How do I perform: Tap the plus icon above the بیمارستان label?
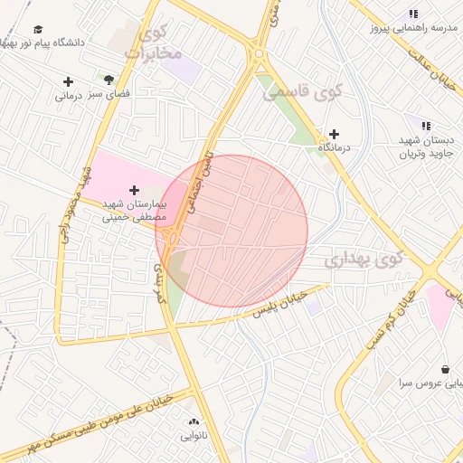pyautogui.click(x=135, y=190)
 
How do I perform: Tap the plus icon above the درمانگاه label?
pyautogui.click(x=334, y=134)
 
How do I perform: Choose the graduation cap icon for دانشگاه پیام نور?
pyautogui.click(x=37, y=30)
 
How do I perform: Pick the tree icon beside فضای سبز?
pyautogui.click(x=109, y=80)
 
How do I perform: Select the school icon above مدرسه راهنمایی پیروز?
pyautogui.click(x=413, y=14)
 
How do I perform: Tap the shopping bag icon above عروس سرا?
pyautogui.click(x=446, y=369)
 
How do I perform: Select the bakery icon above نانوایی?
pyautogui.click(x=194, y=421)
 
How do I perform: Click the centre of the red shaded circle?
pyautogui.click(x=231, y=231)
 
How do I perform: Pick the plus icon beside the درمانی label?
pyautogui.click(x=68, y=81)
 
